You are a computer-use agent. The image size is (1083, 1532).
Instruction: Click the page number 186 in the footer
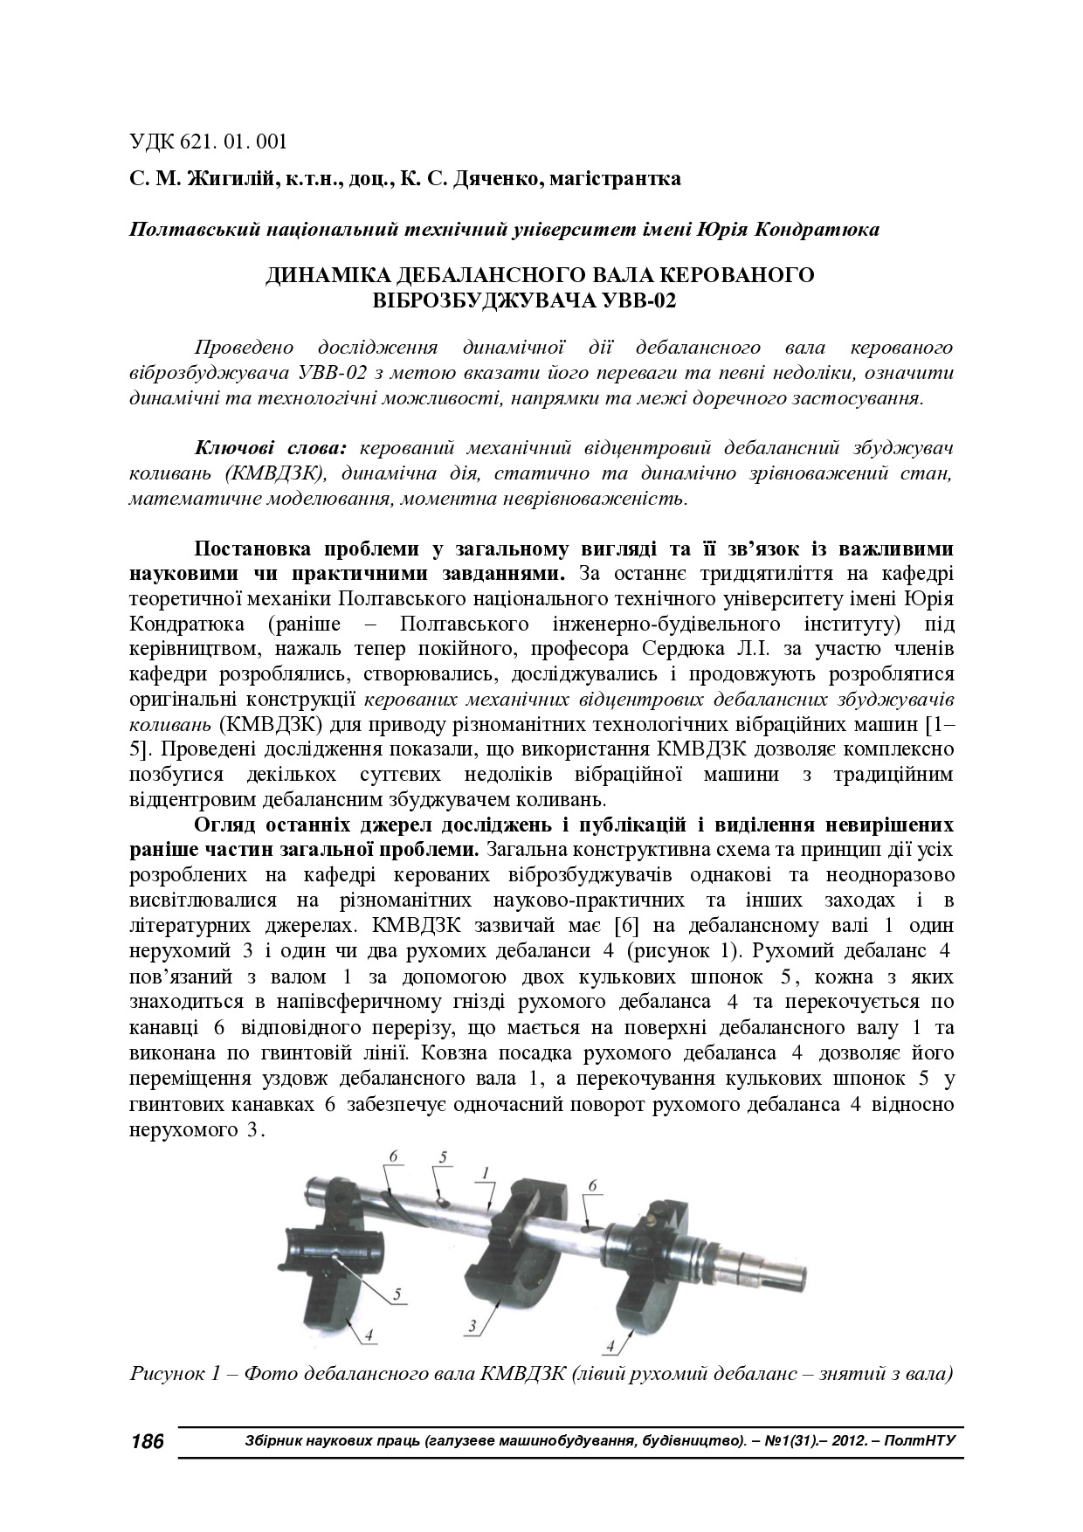(x=147, y=1441)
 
